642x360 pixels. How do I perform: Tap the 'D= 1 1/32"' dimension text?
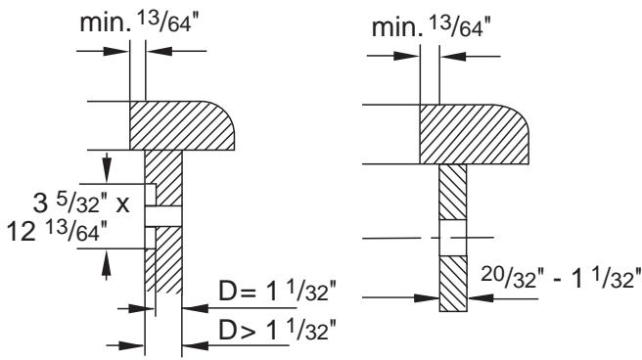pos(277,291)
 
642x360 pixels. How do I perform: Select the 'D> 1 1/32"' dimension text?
pos(277,330)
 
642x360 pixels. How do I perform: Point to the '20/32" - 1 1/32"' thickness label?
pos(561,278)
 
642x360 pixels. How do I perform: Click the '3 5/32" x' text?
pos(81,202)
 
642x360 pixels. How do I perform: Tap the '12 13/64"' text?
pos(58,232)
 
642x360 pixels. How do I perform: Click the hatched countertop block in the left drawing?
pos(182,125)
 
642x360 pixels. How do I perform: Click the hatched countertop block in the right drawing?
pos(474,134)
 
